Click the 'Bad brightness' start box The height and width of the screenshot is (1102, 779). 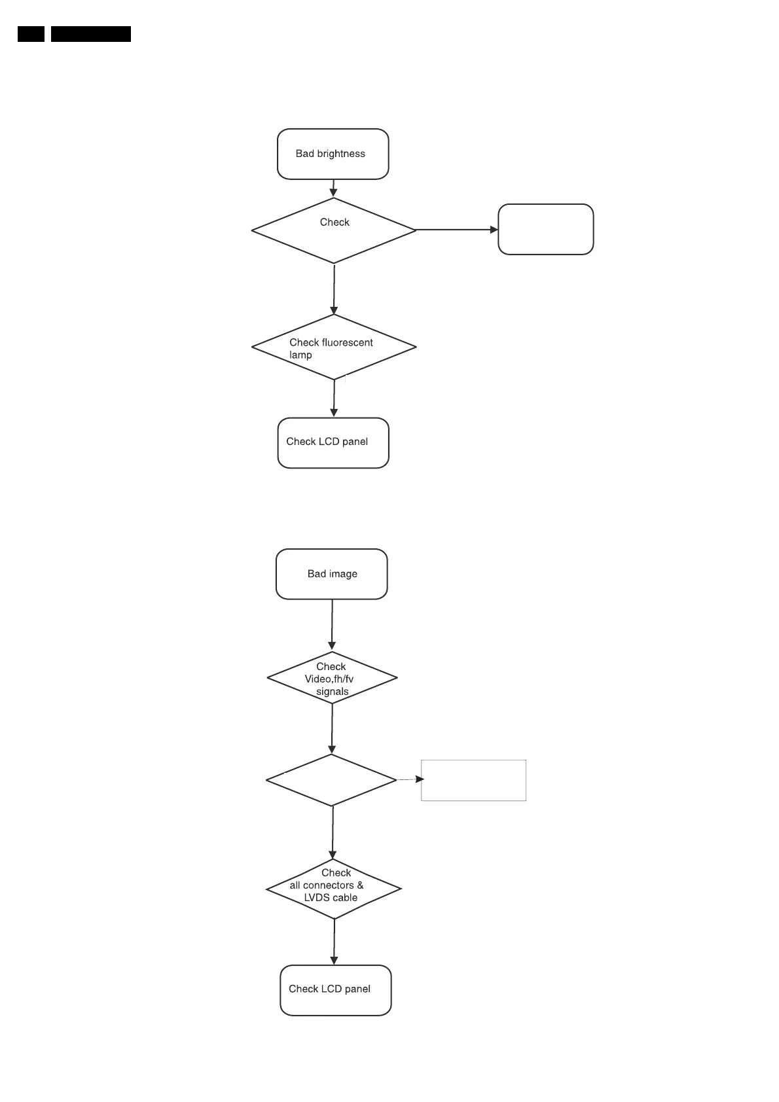333,154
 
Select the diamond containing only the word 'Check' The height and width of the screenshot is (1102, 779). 334,230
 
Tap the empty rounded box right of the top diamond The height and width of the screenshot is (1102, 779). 545,229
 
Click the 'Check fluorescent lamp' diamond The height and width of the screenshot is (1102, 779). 334,347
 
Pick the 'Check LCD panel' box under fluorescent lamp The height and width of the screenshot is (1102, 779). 333,442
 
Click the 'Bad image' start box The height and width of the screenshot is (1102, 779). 331,574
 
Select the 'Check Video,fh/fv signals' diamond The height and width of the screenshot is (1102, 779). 332,678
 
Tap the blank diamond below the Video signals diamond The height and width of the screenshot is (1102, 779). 331,780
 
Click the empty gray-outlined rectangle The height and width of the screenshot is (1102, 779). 473,780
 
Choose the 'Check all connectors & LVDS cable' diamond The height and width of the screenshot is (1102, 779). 333,889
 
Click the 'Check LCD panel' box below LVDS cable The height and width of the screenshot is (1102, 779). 335,990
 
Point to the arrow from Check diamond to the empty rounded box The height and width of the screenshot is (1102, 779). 457,230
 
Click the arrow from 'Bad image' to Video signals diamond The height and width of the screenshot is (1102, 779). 332,625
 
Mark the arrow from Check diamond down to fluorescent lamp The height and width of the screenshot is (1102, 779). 334,289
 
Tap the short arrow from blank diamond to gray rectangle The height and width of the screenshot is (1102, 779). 410,779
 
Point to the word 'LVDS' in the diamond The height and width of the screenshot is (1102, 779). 317,898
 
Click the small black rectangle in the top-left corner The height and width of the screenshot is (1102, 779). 31,34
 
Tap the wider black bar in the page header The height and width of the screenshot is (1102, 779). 90,34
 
